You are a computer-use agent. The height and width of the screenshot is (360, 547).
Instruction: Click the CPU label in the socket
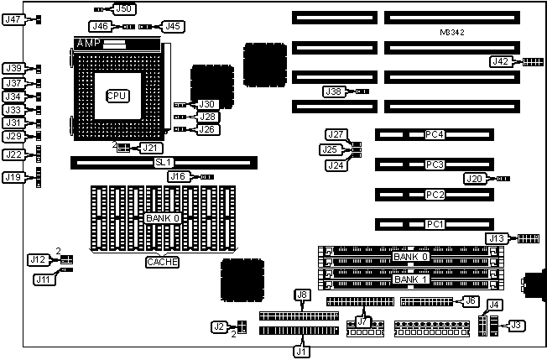tap(117, 96)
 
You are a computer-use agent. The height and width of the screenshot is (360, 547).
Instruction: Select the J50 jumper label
tap(124, 8)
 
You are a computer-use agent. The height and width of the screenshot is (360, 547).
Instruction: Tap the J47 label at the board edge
tap(14, 19)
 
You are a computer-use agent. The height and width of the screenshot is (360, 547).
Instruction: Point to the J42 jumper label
tap(499, 61)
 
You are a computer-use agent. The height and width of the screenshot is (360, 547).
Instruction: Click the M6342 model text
tap(452, 32)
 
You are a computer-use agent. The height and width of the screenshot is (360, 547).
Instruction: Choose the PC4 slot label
tap(434, 133)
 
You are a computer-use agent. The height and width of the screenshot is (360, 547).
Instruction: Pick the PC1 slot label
tap(434, 224)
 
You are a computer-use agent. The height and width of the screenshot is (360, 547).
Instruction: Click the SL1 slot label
tap(164, 161)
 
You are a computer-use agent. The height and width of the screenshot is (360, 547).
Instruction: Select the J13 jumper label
tap(498, 239)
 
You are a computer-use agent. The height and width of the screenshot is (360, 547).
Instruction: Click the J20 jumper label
tap(474, 178)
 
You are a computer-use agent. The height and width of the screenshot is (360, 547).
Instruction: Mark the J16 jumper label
tap(178, 176)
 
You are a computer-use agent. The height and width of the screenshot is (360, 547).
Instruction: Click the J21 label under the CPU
tap(148, 148)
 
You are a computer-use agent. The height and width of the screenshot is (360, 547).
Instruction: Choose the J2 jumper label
tap(220, 326)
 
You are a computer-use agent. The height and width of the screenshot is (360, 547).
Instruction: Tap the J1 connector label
tap(301, 351)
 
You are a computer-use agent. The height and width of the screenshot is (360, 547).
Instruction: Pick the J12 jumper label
tap(38, 260)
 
